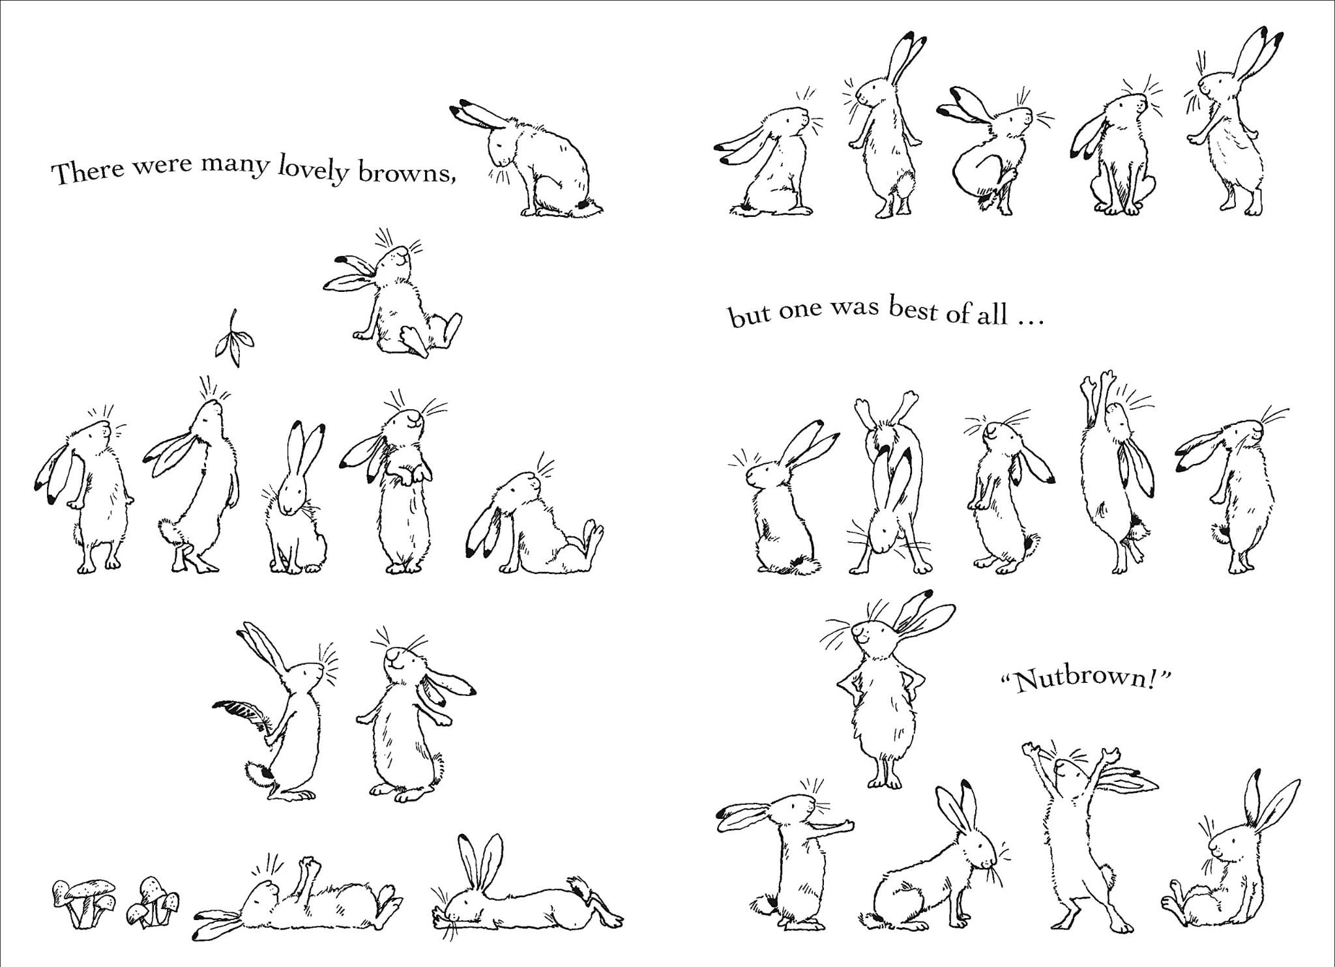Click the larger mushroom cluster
(83, 902)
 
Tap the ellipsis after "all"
(1029, 321)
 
